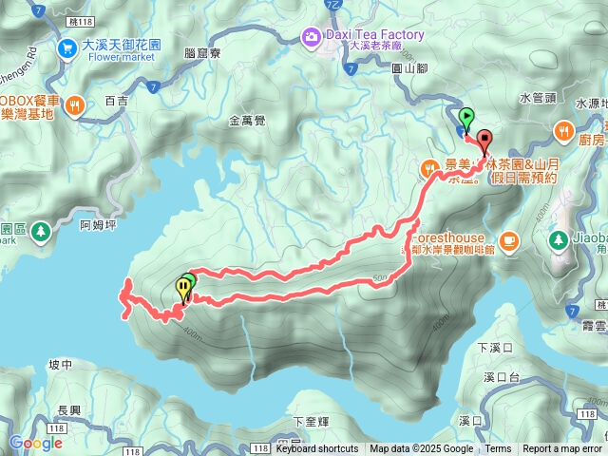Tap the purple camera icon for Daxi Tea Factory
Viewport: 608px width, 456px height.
tap(311, 37)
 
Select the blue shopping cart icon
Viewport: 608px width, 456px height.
tap(67, 47)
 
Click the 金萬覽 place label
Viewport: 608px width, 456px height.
tap(248, 121)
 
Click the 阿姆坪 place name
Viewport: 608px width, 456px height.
tap(98, 226)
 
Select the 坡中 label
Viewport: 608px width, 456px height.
tap(59, 365)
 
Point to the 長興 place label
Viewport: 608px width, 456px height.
tap(69, 410)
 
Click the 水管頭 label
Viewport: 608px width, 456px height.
tap(537, 97)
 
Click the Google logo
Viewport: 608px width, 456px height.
tap(35, 443)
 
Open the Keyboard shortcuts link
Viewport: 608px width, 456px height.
tap(317, 449)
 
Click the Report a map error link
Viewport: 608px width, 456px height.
tap(562, 449)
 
